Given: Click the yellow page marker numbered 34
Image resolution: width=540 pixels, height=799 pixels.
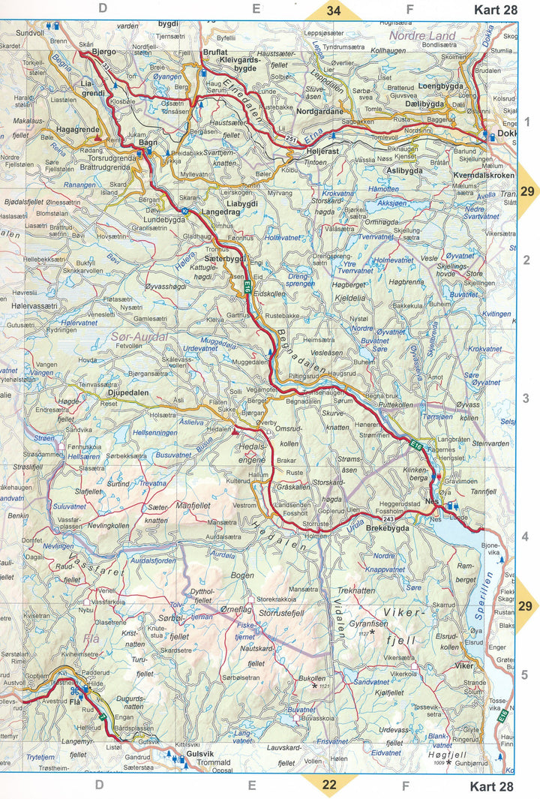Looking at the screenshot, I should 333,11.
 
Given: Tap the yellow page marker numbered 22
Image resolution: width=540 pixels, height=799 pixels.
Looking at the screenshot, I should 329,785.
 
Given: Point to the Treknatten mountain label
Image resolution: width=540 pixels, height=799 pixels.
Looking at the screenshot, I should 356,591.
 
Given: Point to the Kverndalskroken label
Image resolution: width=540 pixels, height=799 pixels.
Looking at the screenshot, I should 484,176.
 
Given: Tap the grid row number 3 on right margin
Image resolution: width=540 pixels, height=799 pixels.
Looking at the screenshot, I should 526,398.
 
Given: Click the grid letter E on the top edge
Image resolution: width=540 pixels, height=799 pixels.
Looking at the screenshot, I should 256,9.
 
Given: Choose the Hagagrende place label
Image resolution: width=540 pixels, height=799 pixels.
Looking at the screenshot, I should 74,130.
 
